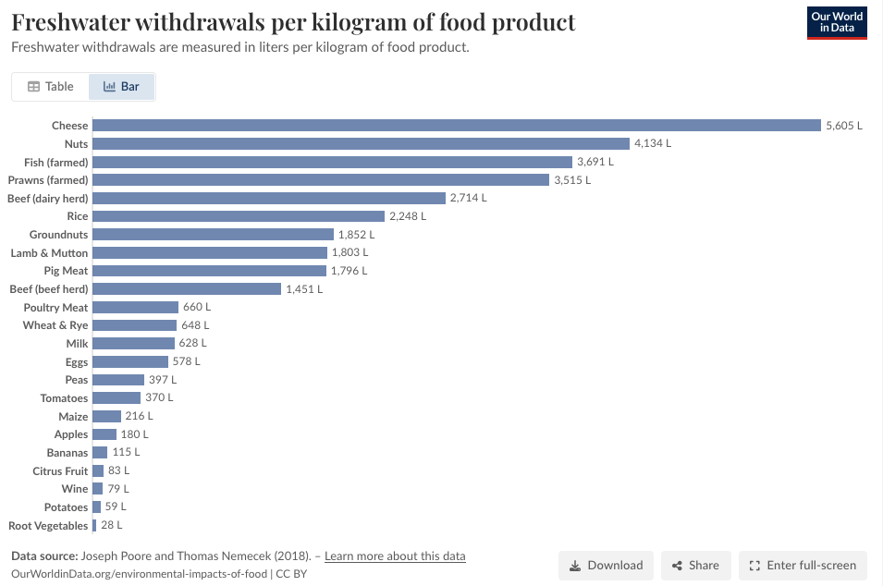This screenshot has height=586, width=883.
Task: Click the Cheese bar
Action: coord(457,125)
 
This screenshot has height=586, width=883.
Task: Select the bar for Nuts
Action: coord(361,143)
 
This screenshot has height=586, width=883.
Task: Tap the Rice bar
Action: coord(239,216)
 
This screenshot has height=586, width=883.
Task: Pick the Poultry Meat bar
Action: coord(136,307)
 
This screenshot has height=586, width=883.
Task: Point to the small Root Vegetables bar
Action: coord(94,525)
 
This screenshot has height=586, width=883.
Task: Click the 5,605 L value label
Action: coord(843,126)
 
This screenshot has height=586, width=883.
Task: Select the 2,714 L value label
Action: coord(468,198)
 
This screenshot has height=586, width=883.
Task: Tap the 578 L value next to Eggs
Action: coord(187,361)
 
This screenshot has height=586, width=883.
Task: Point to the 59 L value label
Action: coord(116,507)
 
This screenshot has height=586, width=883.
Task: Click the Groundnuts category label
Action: coord(58,234)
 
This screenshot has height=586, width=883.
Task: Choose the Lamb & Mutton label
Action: coord(49,252)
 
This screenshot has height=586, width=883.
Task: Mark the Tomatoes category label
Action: coord(64,398)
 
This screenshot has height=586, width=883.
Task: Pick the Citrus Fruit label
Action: coord(60,470)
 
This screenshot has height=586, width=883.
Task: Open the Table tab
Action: coord(51,87)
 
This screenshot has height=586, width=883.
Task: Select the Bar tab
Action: coord(121,87)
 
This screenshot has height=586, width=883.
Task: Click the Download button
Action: coord(606,565)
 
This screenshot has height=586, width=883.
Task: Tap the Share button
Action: coord(696,565)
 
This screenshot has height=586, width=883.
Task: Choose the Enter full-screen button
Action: coord(803,565)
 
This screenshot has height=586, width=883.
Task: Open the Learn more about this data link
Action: coord(395,556)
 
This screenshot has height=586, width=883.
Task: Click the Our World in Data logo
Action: coord(837,22)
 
